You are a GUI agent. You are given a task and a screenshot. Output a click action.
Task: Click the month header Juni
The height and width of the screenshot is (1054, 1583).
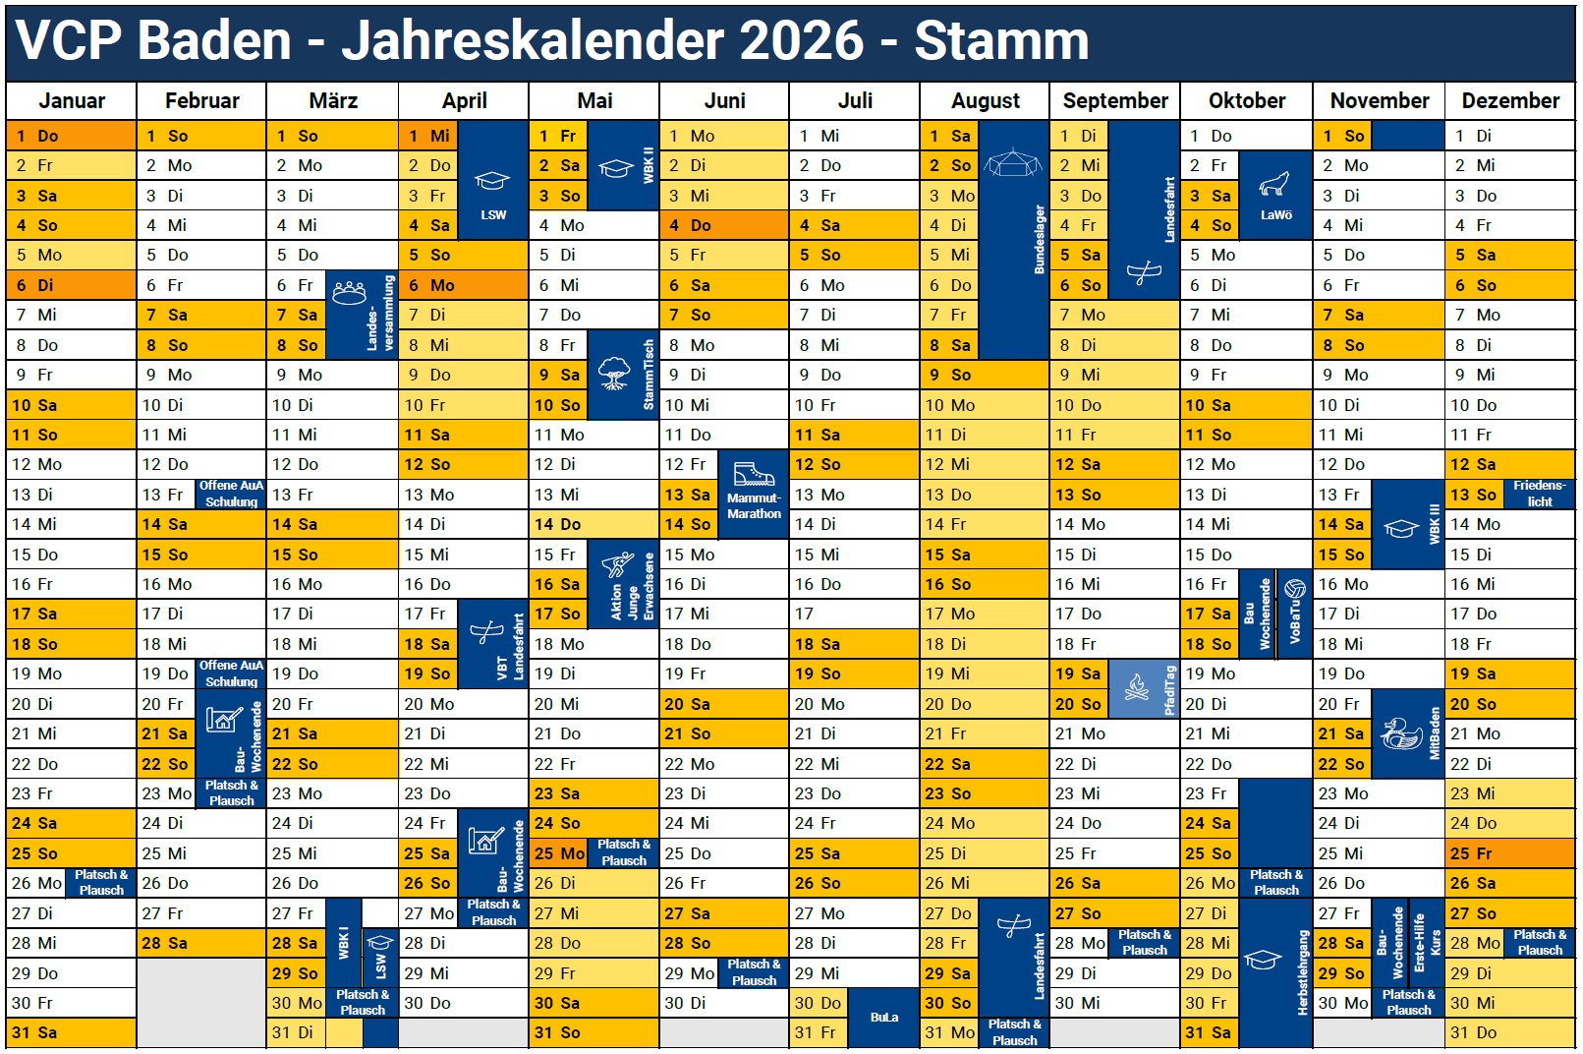724,101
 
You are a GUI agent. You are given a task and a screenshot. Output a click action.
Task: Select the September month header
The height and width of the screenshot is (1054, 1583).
1114,101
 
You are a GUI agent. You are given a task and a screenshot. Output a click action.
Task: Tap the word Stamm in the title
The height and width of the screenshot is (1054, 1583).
1001,40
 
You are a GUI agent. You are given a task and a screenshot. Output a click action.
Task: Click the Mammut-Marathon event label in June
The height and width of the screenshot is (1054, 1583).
754,506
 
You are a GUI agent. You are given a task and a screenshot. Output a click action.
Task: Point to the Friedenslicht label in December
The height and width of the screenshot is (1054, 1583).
1539,494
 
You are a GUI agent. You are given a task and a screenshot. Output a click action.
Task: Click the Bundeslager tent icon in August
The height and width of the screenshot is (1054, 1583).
1012,162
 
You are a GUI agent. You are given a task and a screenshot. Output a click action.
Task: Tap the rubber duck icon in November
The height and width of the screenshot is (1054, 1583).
1400,733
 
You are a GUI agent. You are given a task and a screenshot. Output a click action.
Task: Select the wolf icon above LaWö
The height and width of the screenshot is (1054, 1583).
1274,184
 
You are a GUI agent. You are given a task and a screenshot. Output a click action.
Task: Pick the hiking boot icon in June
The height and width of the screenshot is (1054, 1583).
754,474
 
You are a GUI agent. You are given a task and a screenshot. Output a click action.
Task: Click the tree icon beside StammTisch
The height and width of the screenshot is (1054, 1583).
614,373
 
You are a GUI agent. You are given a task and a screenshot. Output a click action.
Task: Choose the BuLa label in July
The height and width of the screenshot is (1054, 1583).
883,1018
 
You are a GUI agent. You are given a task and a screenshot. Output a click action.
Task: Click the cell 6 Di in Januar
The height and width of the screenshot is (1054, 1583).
71,285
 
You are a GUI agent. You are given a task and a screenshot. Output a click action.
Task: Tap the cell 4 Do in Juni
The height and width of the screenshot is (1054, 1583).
723,225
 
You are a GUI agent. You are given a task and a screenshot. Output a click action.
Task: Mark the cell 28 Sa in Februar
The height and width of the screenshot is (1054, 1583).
200,943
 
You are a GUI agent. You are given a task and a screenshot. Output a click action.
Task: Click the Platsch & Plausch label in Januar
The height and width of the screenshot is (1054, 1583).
101,882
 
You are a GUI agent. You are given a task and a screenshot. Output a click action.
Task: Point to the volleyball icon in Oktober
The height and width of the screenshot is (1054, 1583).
1294,589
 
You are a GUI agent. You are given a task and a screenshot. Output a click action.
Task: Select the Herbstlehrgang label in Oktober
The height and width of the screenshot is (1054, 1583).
1303,973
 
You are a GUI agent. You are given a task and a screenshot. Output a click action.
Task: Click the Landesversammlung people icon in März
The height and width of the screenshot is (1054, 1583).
349,292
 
